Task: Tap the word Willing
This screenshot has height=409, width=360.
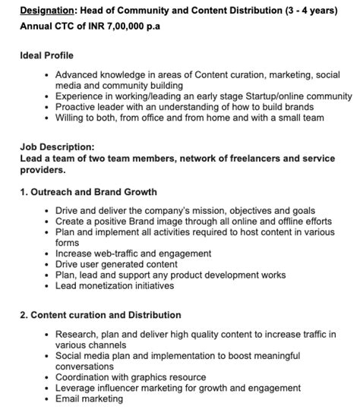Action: click(72, 118)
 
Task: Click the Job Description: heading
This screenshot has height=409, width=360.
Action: click(57, 147)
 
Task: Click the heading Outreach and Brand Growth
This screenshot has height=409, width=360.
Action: click(95, 192)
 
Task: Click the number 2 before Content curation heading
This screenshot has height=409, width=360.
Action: click(24, 315)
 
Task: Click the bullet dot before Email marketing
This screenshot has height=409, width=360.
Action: click(47, 398)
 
